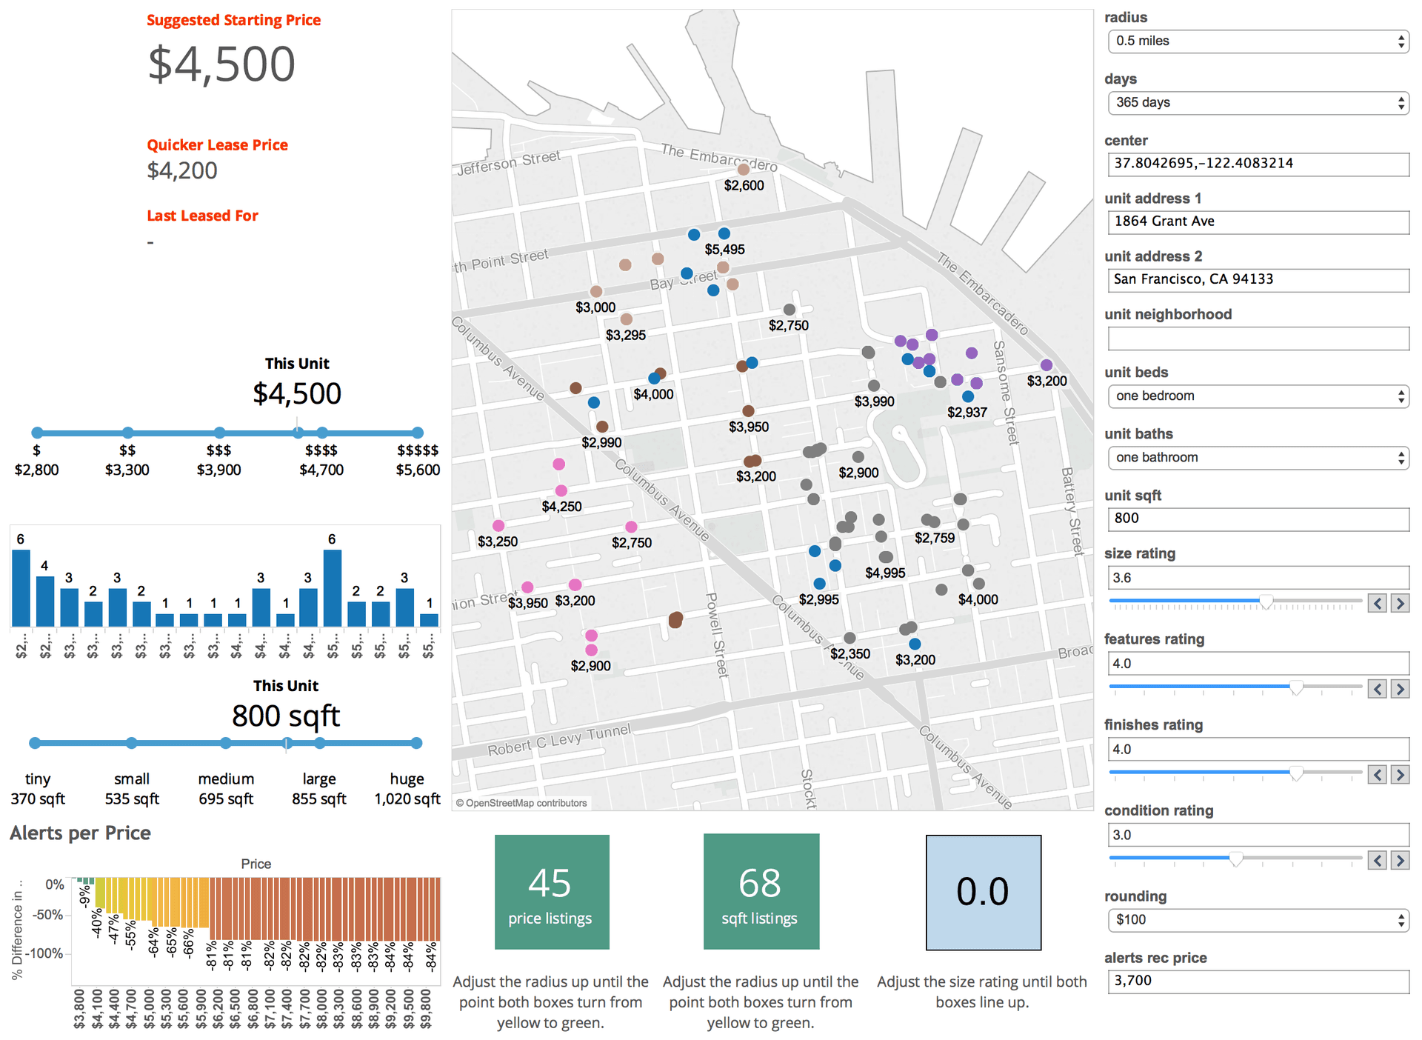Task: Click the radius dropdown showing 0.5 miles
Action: [x=1257, y=41]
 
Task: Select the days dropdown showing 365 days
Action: [x=1257, y=103]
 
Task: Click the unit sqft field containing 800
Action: [x=1257, y=519]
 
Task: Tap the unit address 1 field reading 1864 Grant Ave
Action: [x=1257, y=221]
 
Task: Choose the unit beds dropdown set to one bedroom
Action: [x=1257, y=396]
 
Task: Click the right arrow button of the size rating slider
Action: [x=1399, y=604]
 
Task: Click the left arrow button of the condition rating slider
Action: [x=1377, y=861]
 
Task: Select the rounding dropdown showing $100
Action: [x=1257, y=920]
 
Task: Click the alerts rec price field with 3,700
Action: [x=1257, y=981]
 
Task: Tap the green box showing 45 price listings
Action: [x=552, y=892]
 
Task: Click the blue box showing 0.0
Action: [x=983, y=893]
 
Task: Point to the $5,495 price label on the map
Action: [x=724, y=250]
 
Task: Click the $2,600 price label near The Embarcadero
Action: [x=744, y=186]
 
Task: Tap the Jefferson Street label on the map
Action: [x=509, y=162]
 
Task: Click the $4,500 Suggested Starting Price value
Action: [x=221, y=64]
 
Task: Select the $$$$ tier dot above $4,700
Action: [x=321, y=433]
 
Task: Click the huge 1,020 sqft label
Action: [x=407, y=789]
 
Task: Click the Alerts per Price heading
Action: [x=80, y=833]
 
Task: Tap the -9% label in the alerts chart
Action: [x=85, y=897]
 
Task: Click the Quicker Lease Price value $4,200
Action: [x=182, y=171]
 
